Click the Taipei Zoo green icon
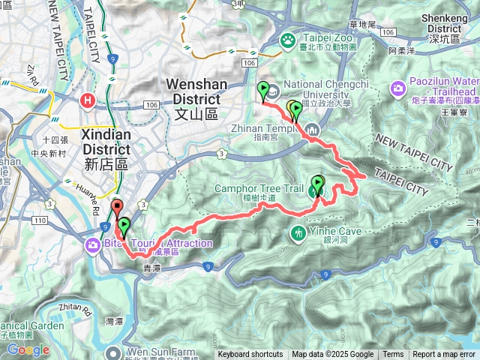[287, 38]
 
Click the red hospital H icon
[88, 98]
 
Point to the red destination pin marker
[116, 208]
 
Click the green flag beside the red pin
[123, 225]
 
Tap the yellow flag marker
[291, 109]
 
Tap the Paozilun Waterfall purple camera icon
[397, 89]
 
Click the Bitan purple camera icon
[92, 244]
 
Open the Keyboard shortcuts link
[250, 355]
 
